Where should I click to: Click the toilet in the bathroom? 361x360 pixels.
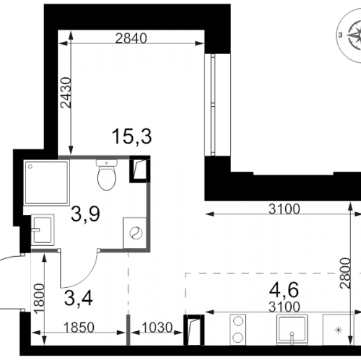click(x=107, y=175)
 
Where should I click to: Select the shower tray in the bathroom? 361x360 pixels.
click(x=46, y=183)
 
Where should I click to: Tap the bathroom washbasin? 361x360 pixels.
click(x=43, y=230)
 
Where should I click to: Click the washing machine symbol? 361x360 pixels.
click(x=135, y=233)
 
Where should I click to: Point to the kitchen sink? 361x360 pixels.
click(x=292, y=330)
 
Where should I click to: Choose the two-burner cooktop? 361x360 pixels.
click(x=238, y=330)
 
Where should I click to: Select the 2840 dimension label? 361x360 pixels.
click(x=131, y=38)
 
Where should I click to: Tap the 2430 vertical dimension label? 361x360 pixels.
click(x=66, y=92)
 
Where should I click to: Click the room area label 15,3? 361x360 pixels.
click(x=131, y=136)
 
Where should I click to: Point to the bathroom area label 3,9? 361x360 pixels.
click(x=85, y=214)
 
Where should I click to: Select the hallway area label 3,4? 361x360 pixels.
click(x=79, y=298)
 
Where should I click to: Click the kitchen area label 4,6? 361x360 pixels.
click(x=284, y=290)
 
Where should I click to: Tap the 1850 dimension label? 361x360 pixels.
click(x=79, y=328)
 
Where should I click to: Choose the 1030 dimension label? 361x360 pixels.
click(x=157, y=328)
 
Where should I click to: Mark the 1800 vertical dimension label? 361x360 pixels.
click(x=40, y=299)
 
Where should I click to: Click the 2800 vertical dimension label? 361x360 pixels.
click(x=344, y=273)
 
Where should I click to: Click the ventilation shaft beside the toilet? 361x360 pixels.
click(x=140, y=169)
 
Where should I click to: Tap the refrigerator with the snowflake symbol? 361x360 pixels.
click(x=339, y=330)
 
